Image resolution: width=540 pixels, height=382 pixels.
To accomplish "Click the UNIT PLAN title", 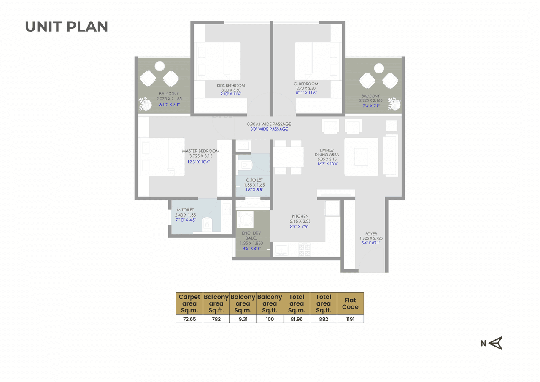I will coord(67,26).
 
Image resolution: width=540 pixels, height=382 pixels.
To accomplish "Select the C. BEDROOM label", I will coord(306,84).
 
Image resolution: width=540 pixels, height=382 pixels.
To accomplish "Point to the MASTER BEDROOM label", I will coord(200,151).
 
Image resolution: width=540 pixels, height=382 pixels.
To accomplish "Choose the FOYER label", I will coord(371,234).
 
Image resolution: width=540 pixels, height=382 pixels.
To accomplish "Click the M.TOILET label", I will coord(185,210).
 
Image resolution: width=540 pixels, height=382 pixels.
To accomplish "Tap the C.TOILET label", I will coord(254,180).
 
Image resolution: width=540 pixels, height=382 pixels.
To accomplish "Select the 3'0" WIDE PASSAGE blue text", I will coord(267,129).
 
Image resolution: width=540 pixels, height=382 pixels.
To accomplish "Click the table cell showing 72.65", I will coord(189,319).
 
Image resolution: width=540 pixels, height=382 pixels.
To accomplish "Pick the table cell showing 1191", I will coord(350,319).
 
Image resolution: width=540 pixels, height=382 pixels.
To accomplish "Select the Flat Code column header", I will coord(350,303).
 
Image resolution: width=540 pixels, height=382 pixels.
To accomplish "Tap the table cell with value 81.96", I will coord(297,319).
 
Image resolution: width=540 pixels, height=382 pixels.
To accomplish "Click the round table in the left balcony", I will coord(159,66).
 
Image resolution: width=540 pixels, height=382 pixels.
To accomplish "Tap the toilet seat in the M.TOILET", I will coord(206,224).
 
